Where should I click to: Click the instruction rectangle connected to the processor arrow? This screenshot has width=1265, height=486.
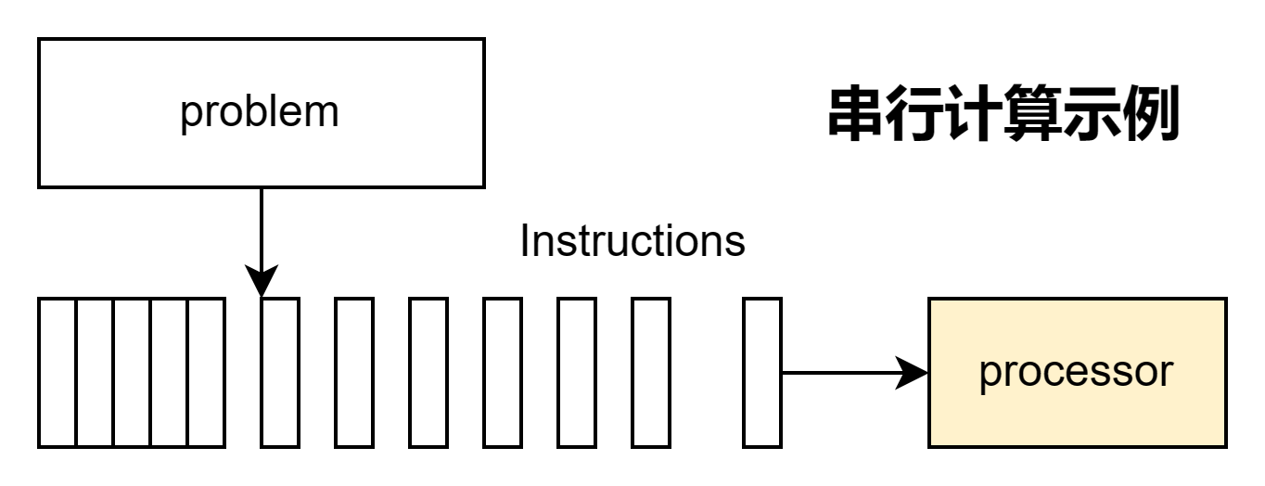coord(762,373)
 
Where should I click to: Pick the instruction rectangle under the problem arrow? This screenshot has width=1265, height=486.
coord(280,373)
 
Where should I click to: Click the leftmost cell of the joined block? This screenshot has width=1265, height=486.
coord(57,373)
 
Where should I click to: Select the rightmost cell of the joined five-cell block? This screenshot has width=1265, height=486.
coord(206,373)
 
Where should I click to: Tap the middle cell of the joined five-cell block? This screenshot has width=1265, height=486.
coord(132,373)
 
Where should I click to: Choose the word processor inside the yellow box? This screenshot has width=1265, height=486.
coord(1076,373)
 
